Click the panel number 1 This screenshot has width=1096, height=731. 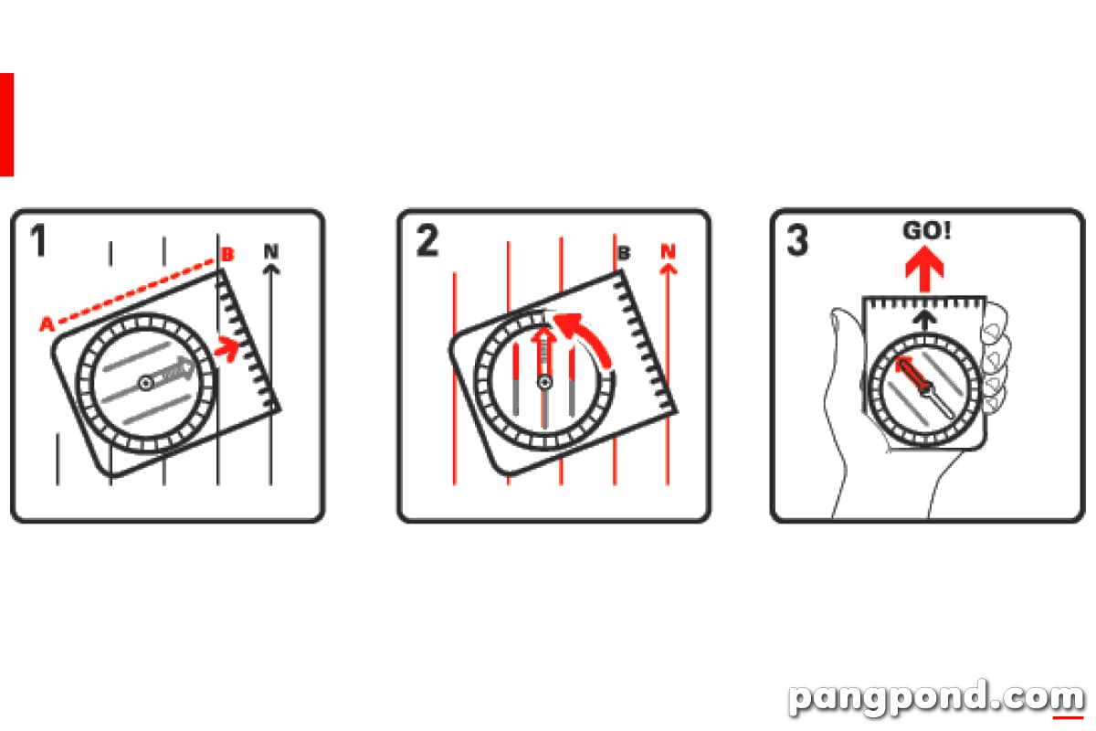coord(38,240)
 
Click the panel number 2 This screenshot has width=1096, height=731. coord(427,240)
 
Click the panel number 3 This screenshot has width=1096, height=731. coord(797,240)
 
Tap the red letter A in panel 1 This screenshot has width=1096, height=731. coord(47,323)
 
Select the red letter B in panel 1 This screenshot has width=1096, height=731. coord(227,254)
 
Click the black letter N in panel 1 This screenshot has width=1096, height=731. coord(271,251)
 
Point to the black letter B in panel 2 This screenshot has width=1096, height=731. coord(624,253)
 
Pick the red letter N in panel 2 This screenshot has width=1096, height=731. coord(668,251)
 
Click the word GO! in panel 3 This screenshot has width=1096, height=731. coord(927,230)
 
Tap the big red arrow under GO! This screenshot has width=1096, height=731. coord(924,269)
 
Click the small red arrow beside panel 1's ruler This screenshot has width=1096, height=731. coord(227,348)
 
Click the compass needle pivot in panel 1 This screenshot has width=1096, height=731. coord(145,383)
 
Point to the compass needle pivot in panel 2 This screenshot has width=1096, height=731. coord(544,382)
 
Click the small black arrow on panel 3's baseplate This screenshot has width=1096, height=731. coord(924,320)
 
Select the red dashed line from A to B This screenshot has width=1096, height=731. coord(136,291)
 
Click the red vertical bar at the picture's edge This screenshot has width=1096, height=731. coord(7,124)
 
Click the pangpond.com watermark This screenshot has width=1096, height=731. coord(936,697)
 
